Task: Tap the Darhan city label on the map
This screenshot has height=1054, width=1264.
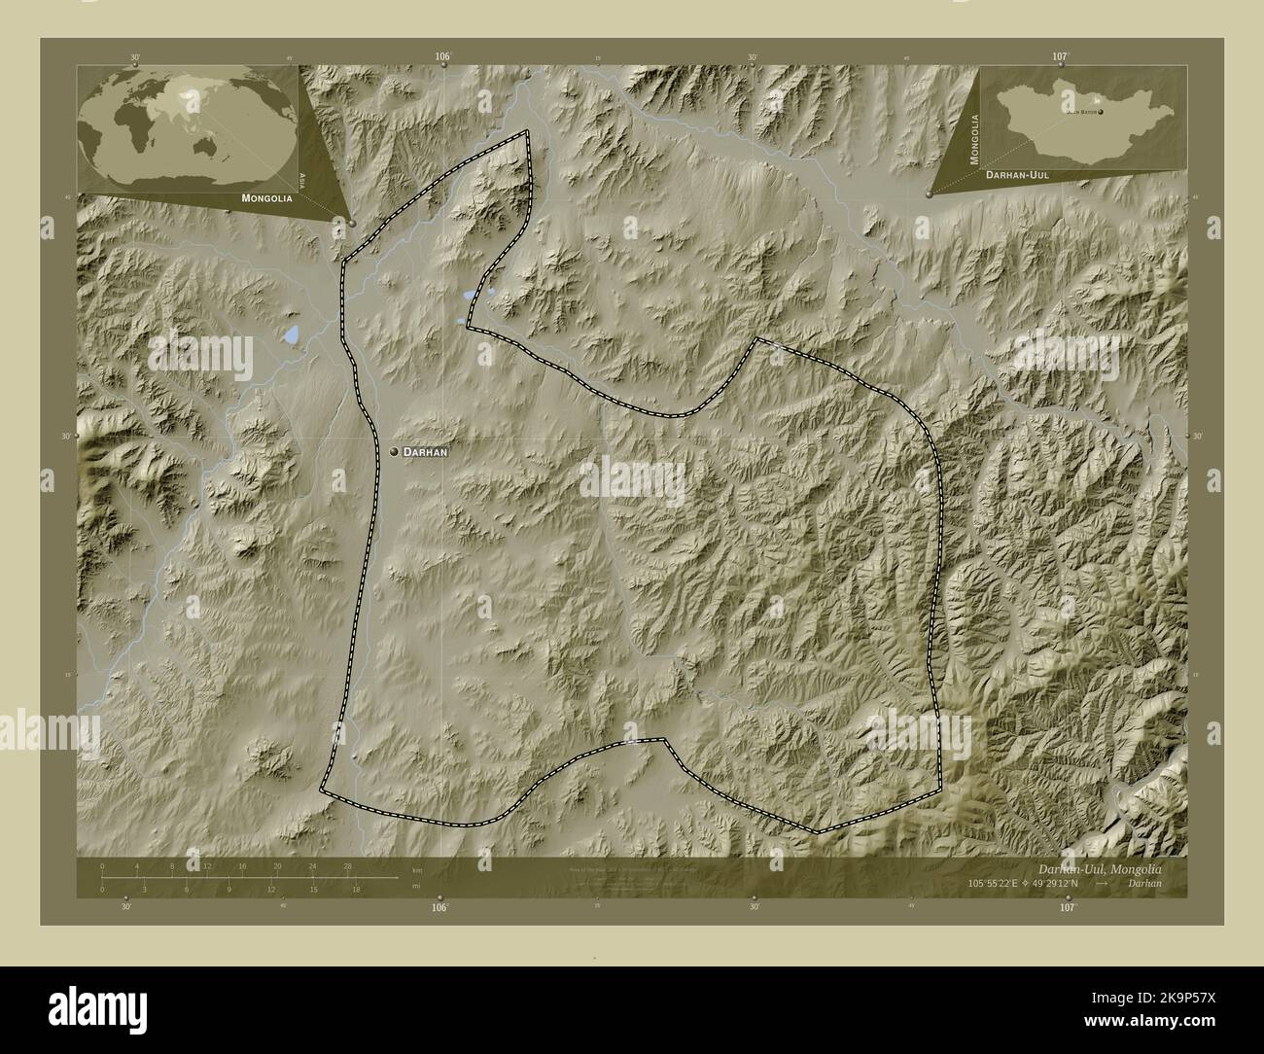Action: pyautogui.click(x=425, y=452)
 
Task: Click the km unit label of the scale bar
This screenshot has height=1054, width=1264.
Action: pyautogui.click(x=417, y=869)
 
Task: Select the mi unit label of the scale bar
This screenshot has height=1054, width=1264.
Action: pyautogui.click(x=416, y=887)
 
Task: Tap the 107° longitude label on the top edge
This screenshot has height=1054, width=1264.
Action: pyautogui.click(x=1059, y=57)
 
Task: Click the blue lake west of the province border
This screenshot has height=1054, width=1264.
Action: pyautogui.click(x=292, y=336)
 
